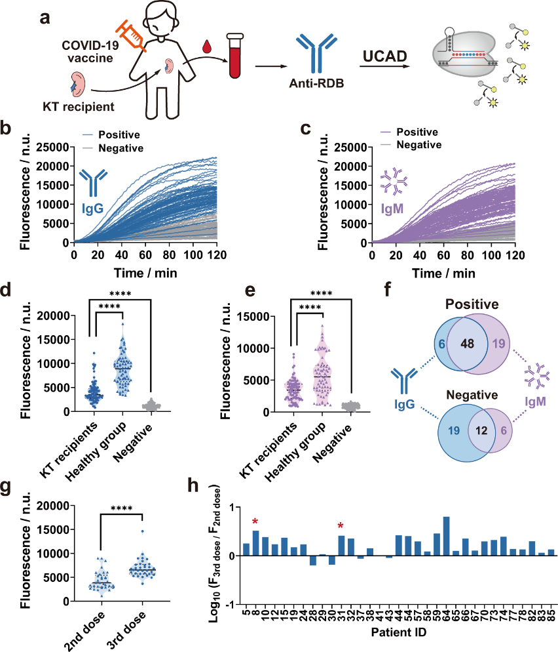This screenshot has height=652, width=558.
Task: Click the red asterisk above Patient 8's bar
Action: tap(255, 521)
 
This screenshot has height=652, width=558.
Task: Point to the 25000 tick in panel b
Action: tap(54, 148)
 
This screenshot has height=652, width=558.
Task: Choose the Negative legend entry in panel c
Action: tap(419, 145)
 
